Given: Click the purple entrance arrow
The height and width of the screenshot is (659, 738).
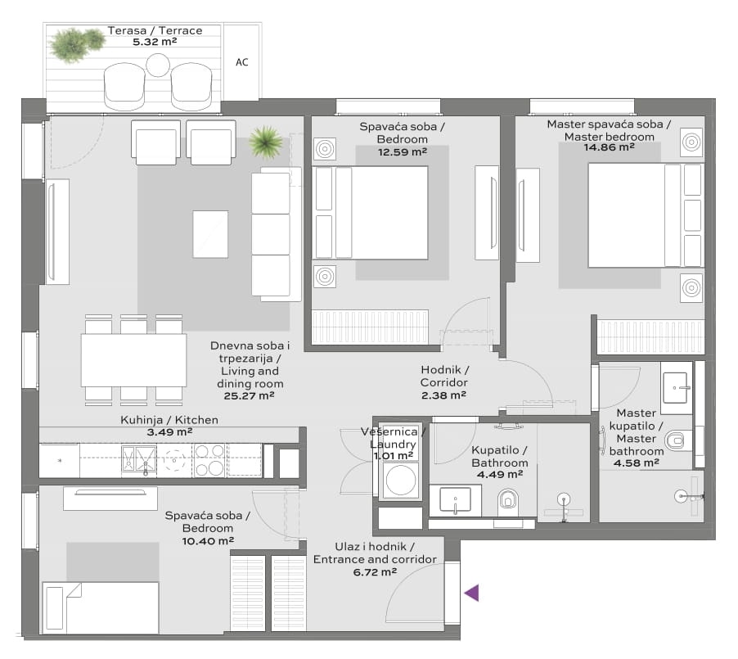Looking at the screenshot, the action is [x=472, y=593].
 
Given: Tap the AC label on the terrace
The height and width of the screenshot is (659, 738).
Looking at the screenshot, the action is [x=242, y=62].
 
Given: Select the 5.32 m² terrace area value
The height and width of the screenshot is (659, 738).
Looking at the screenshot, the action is [x=155, y=42].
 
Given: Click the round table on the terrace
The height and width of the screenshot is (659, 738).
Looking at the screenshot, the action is [x=158, y=65].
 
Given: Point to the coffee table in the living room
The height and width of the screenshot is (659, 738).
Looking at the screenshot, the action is [x=210, y=234].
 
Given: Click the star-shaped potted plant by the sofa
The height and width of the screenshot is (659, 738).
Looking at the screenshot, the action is [x=266, y=141].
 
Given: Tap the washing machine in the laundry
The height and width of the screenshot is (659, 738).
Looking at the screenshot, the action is [x=401, y=480].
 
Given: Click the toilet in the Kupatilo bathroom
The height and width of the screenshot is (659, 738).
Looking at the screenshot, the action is [x=507, y=501].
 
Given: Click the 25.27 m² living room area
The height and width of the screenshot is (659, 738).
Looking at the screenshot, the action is [x=249, y=396].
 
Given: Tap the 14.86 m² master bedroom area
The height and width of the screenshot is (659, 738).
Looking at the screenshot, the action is [x=609, y=147].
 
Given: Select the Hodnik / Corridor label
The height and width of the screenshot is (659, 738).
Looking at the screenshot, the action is [x=444, y=376].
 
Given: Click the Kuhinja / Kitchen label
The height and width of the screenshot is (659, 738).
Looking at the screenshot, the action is [x=169, y=420].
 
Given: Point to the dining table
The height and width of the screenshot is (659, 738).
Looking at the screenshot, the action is [x=133, y=360].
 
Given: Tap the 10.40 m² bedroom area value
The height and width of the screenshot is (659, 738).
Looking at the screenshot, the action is [x=208, y=541].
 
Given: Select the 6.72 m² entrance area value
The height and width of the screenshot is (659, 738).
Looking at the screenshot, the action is [x=375, y=572].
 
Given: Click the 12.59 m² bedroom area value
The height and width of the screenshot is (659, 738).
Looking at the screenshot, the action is [x=403, y=152].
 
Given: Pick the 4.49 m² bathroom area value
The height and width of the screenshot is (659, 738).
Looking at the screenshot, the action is [x=500, y=475].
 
